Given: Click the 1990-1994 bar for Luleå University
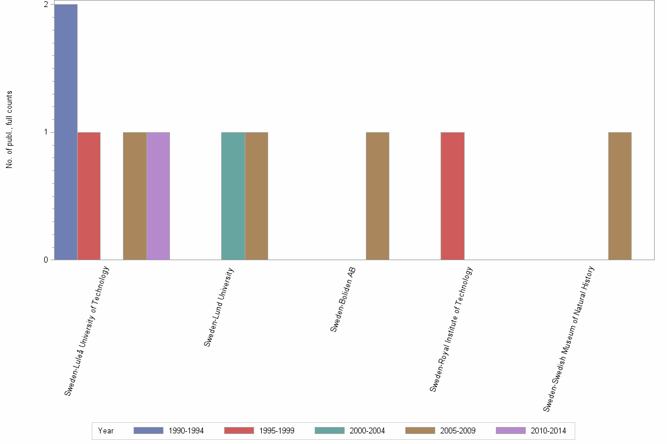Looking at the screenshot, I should [65, 132].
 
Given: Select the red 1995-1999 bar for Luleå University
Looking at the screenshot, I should [89, 196].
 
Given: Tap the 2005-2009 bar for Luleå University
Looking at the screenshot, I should [135, 196].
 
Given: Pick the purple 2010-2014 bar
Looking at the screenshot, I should [158, 196].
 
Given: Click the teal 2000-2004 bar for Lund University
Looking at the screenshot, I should [233, 196].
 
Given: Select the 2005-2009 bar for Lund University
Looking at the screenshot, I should [256, 196].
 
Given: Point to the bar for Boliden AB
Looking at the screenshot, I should [378, 196].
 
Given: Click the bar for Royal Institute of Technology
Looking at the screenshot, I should [452, 196].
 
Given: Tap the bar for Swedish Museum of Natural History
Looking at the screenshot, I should [620, 196].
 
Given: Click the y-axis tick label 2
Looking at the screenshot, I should [46, 5].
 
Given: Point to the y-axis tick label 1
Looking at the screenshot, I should [46, 132].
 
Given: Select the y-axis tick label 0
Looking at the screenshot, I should [46, 260].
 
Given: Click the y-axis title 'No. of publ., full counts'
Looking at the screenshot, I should [9, 130].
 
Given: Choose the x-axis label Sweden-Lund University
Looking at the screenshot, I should [219, 307].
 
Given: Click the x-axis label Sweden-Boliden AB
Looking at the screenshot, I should [343, 300].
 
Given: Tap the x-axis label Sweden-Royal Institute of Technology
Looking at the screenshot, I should [451, 329].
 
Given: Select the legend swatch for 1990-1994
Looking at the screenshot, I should [148, 430].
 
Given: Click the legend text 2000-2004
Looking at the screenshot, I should [367, 431].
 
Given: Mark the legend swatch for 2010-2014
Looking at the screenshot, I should [511, 430].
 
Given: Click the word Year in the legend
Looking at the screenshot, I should [106, 431].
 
